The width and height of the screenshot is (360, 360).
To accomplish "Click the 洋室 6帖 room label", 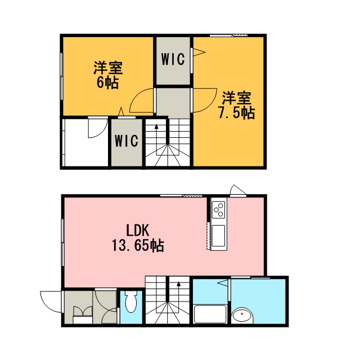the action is pyautogui.click(x=108, y=75).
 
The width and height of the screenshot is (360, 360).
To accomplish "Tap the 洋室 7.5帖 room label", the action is pyautogui.click(x=236, y=105).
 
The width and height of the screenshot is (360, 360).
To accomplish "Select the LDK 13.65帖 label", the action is pyautogui.click(x=138, y=238).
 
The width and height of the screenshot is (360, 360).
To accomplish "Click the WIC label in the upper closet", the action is pyautogui.click(x=173, y=59).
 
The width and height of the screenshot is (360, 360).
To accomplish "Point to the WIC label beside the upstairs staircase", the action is pyautogui.click(x=127, y=141).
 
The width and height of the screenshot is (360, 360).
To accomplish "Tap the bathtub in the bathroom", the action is pyautogui.click(x=210, y=314).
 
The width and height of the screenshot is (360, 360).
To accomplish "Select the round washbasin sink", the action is pyautogui.click(x=242, y=316).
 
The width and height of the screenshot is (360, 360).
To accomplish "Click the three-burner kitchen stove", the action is pyautogui.click(x=218, y=210).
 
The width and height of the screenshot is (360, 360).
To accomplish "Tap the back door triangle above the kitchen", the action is pyautogui.click(x=238, y=190).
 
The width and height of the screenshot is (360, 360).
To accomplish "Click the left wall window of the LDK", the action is pyautogui.click(x=62, y=242).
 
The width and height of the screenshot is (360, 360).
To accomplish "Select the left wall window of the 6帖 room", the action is pyautogui.click(x=61, y=76).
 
